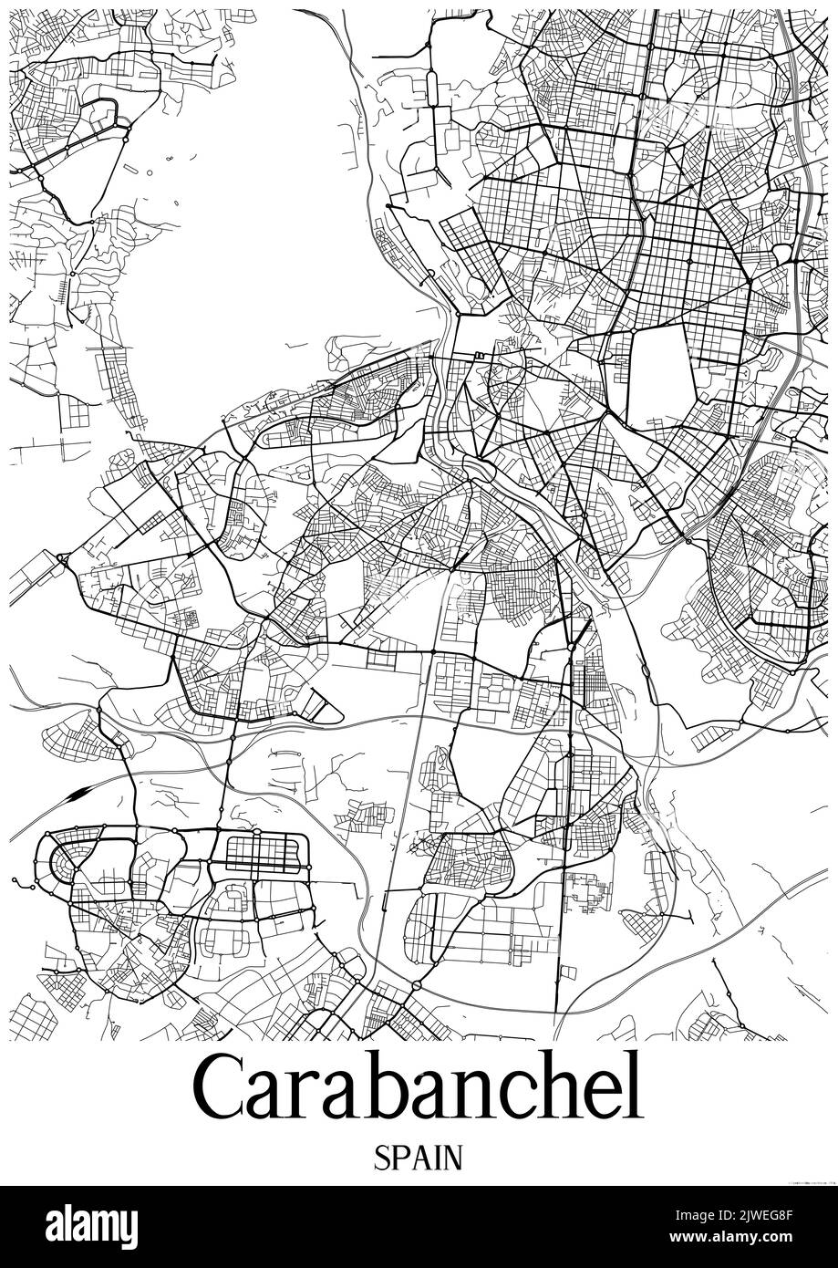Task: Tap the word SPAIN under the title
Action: pyautogui.click(x=418, y=1158)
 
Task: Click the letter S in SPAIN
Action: pyautogui.click(x=382, y=1158)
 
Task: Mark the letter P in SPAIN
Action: pyautogui.click(x=399, y=1158)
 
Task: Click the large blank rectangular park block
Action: pyautogui.click(x=663, y=376)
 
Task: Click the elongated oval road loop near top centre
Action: pyautogui.click(x=432, y=88)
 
